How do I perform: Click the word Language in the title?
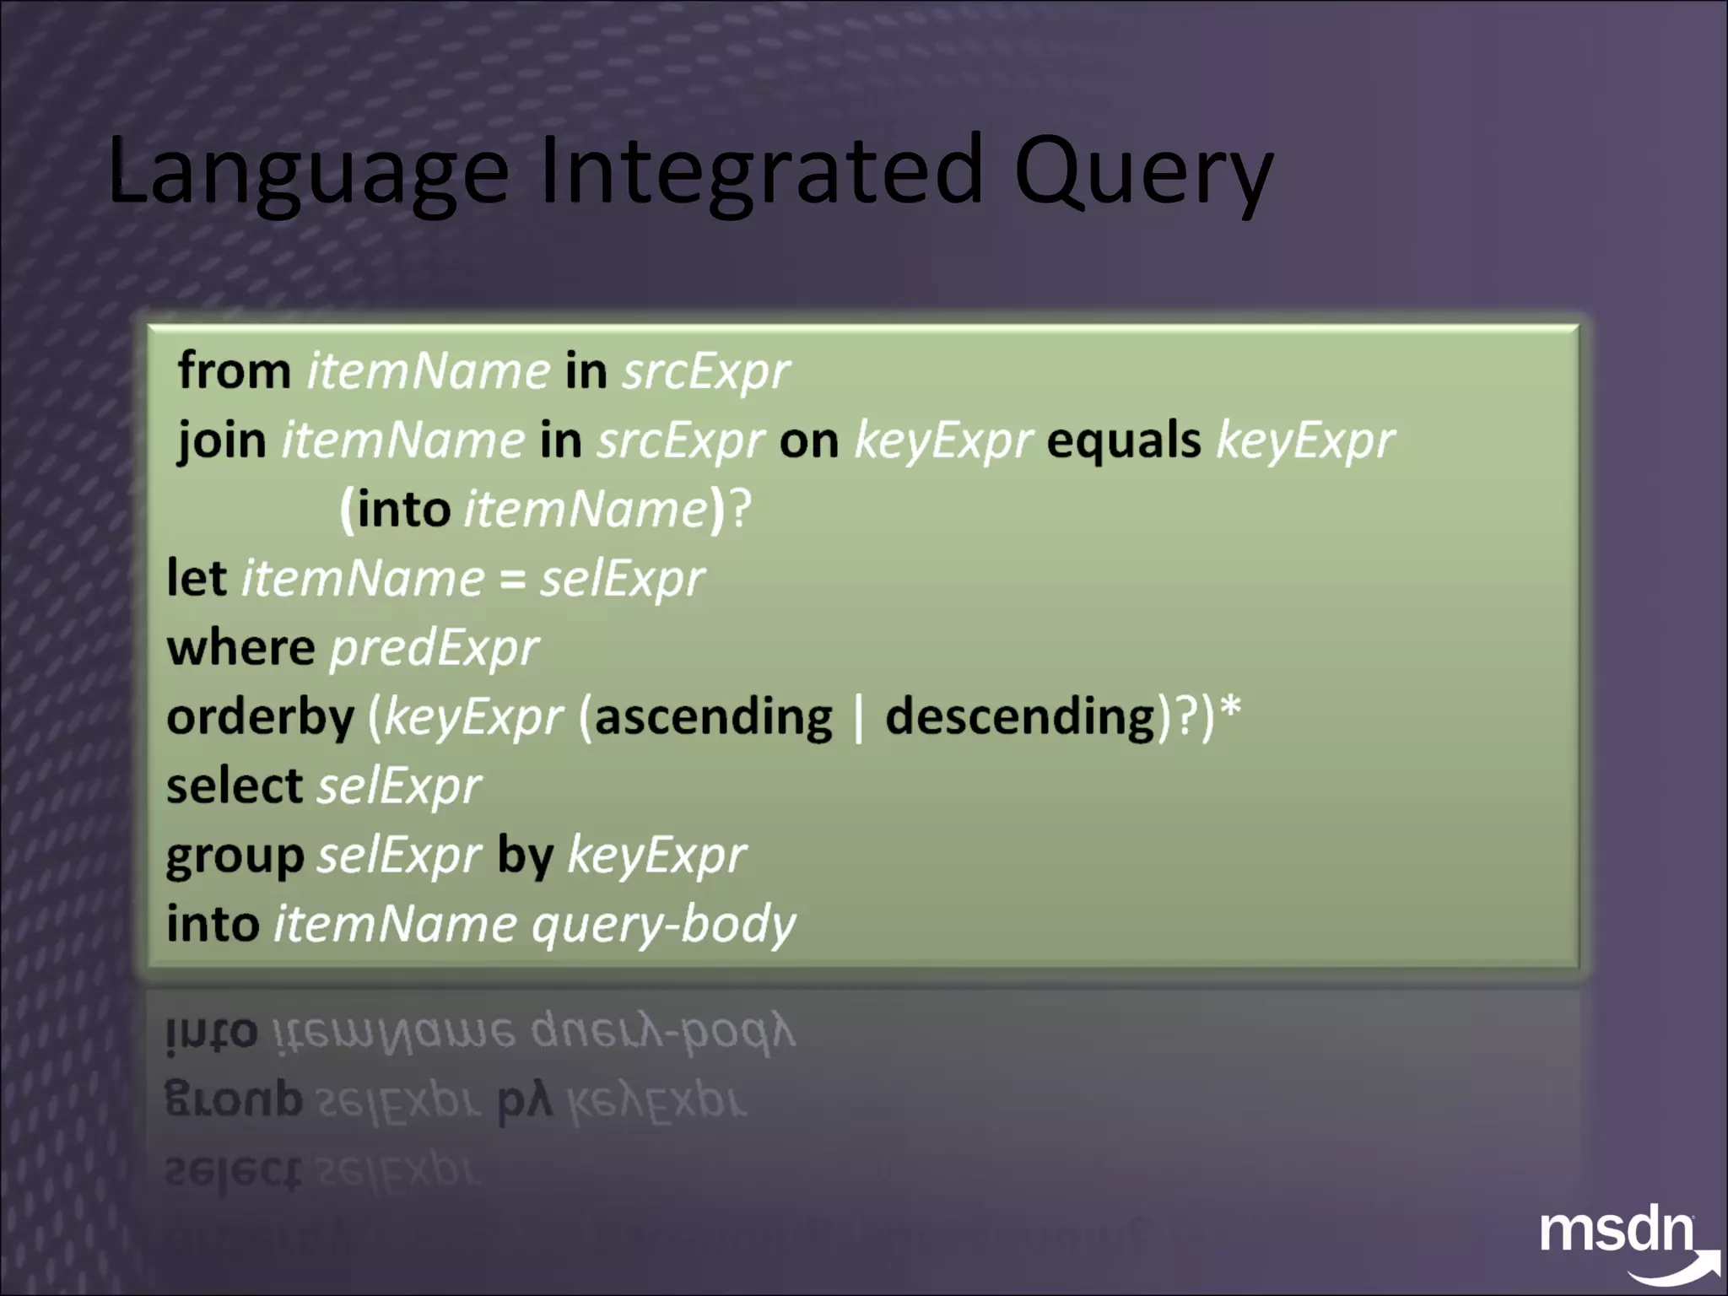(x=308, y=173)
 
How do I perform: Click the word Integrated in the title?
(x=761, y=173)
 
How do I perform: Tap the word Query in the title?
(x=1143, y=173)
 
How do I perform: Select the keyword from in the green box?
(x=234, y=371)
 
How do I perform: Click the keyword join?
(x=221, y=441)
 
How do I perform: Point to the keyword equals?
(x=1123, y=440)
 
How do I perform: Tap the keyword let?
(x=196, y=579)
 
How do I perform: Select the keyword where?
(x=240, y=648)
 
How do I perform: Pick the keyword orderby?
(x=260, y=718)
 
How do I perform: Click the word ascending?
(x=713, y=717)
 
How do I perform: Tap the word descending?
(x=1019, y=717)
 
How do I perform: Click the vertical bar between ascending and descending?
(x=859, y=719)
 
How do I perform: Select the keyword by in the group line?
(x=525, y=856)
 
